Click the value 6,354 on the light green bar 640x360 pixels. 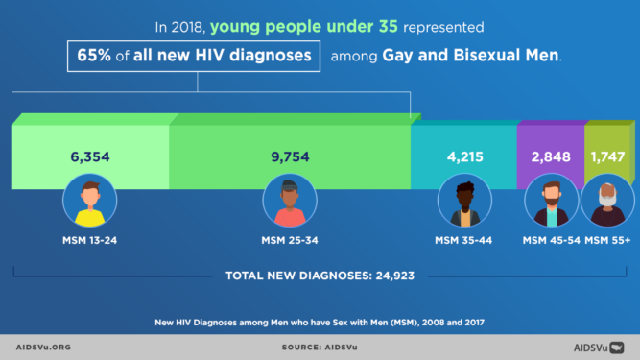pyautogui.click(x=90, y=156)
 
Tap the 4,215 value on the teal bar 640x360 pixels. pyautogui.click(x=463, y=156)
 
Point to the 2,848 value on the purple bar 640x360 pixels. pyautogui.click(x=551, y=156)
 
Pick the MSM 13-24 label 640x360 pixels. pyautogui.click(x=90, y=239)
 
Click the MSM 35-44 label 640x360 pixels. pyautogui.click(x=463, y=239)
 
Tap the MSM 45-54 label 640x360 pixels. pyautogui.click(x=551, y=239)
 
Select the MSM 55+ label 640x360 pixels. pyautogui.click(x=608, y=239)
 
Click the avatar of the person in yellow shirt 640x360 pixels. pyautogui.click(x=90, y=203)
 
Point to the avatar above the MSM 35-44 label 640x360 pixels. pyautogui.click(x=464, y=203)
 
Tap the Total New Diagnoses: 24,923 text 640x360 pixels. pyautogui.click(x=320, y=276)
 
